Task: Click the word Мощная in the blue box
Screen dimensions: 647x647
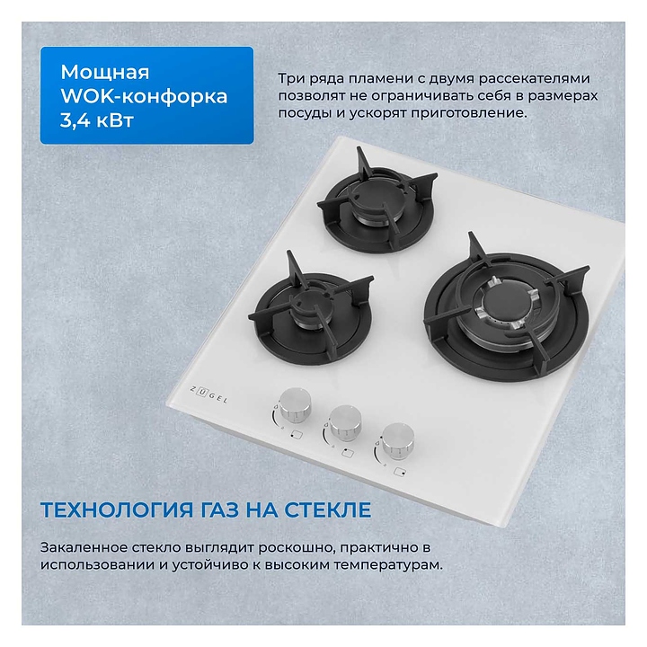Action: tap(105, 72)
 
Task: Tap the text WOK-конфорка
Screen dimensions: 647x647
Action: tap(144, 96)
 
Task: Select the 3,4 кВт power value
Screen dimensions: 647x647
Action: tap(97, 120)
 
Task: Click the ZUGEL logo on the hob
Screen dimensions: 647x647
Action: tap(208, 394)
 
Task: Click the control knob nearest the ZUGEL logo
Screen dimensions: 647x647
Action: tap(295, 404)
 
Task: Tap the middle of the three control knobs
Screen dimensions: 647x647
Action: tap(345, 421)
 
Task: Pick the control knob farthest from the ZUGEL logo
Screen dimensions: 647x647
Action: tap(397, 440)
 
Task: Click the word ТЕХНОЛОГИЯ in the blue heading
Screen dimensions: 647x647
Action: tap(117, 510)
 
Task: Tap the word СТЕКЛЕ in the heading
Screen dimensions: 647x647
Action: tap(327, 510)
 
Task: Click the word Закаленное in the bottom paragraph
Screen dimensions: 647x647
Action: tap(84, 547)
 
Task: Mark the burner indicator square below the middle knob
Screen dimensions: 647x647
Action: tap(348, 454)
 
